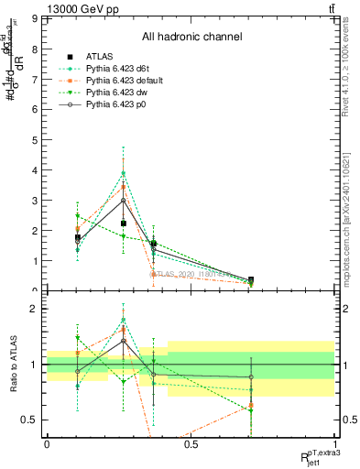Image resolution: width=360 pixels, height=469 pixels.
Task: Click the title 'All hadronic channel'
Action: pyautogui.click(x=191, y=37)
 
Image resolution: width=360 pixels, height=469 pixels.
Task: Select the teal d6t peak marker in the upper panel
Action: pyautogui.click(x=124, y=173)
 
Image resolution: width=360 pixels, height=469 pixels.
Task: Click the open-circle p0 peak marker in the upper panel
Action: pyautogui.click(x=124, y=201)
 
